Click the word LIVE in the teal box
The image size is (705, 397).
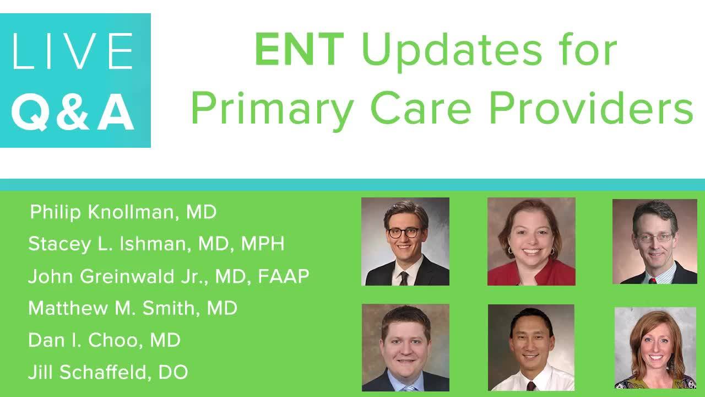point(72,51)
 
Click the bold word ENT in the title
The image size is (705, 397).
point(299,49)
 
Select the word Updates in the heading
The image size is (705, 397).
point(452,52)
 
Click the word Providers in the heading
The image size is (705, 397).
point(592,108)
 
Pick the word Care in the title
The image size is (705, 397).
point(421,108)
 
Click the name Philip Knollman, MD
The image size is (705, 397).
point(123,212)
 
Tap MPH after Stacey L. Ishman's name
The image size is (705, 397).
point(263,244)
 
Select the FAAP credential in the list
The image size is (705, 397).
point(284,276)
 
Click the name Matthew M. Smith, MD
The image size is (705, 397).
point(133,308)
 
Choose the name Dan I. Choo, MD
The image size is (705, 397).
point(105,340)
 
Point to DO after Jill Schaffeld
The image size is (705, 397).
point(173,372)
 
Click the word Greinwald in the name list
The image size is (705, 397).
point(127,276)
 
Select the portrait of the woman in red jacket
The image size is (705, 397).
point(532,242)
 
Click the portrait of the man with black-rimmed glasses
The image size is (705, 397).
point(405,242)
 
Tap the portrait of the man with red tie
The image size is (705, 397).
point(655,242)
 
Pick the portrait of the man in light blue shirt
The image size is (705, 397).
point(405,347)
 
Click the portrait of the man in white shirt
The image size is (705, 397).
point(532,347)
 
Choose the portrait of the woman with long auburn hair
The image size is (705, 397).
point(655,348)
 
